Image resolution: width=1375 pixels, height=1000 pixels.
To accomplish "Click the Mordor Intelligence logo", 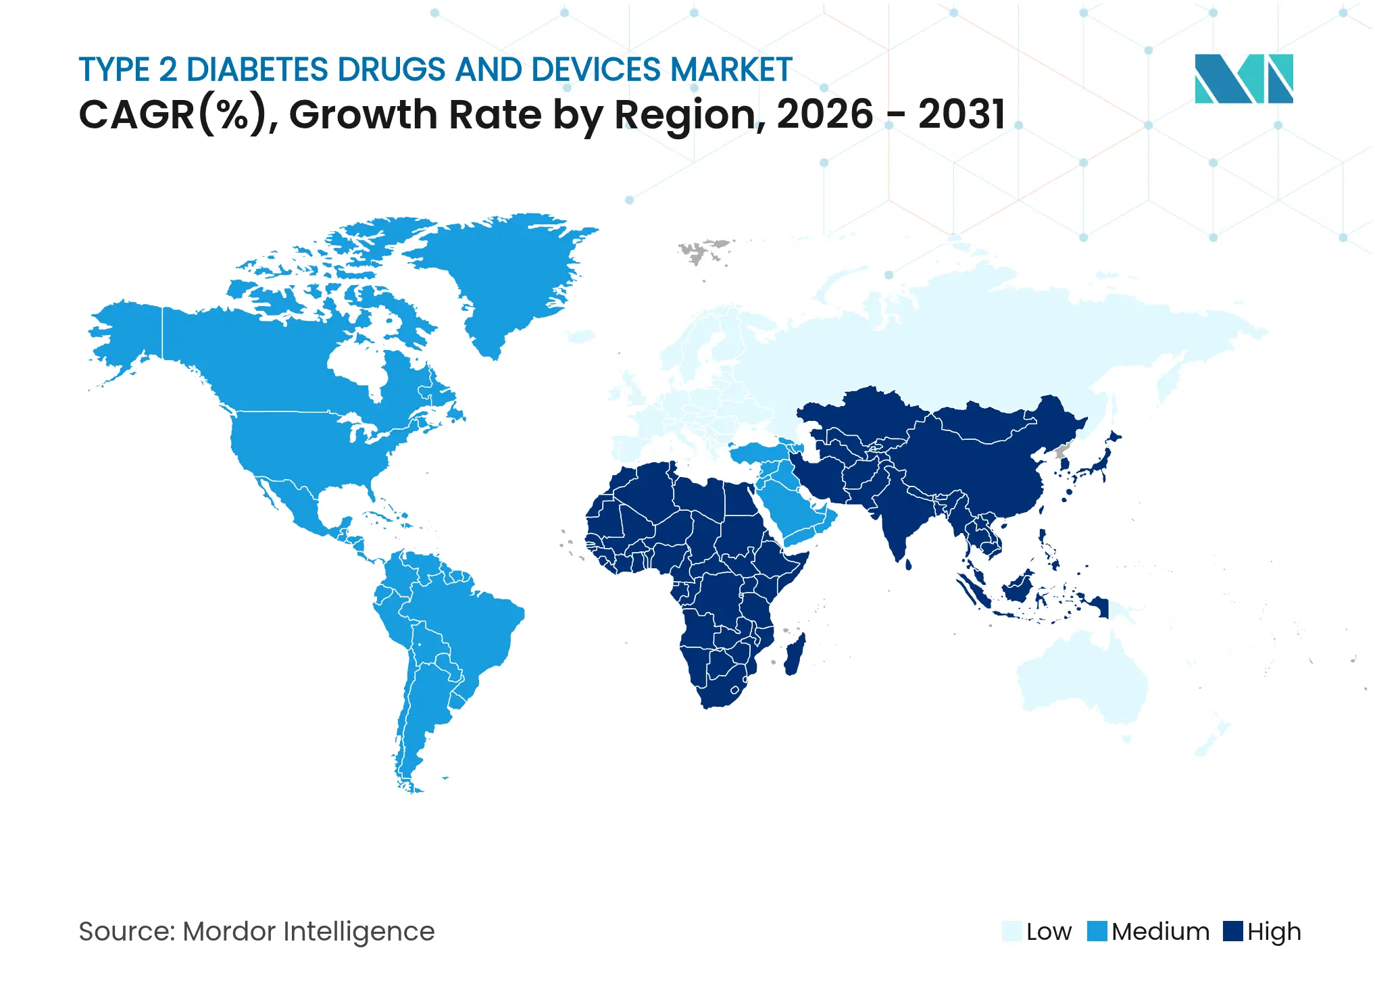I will (1243, 78).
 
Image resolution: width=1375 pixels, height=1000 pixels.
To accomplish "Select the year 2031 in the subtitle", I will (961, 114).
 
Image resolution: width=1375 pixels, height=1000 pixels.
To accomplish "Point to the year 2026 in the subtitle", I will (825, 114).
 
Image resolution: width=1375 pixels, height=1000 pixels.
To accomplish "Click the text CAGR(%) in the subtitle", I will (173, 114).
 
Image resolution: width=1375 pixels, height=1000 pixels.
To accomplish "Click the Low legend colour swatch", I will (1011, 931).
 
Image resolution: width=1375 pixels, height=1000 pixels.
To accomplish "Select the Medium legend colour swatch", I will (1097, 931).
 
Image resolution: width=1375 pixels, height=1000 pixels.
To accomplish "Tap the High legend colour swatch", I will (1233, 931).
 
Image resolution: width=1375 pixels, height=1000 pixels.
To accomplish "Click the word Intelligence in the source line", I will (359, 932).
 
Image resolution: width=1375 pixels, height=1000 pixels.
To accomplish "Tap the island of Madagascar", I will (795, 654).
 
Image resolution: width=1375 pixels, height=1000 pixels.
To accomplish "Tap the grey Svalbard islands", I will (703, 250).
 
